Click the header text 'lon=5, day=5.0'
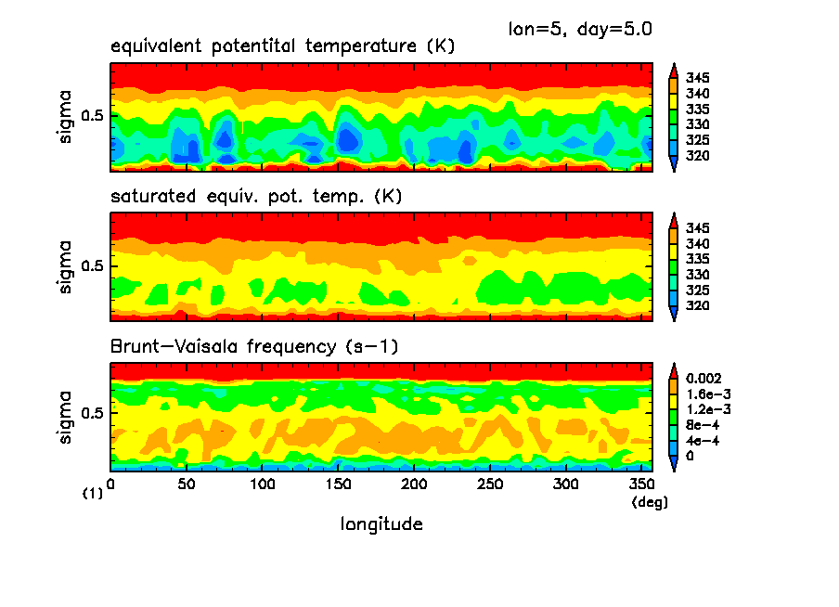(x=580, y=29)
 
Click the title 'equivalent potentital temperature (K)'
(x=282, y=46)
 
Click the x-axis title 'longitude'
(x=382, y=524)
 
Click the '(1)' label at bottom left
(x=93, y=495)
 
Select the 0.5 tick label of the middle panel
(x=96, y=266)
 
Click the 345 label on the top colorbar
(x=698, y=77)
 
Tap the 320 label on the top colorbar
(x=698, y=155)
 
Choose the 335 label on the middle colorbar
(x=698, y=259)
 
